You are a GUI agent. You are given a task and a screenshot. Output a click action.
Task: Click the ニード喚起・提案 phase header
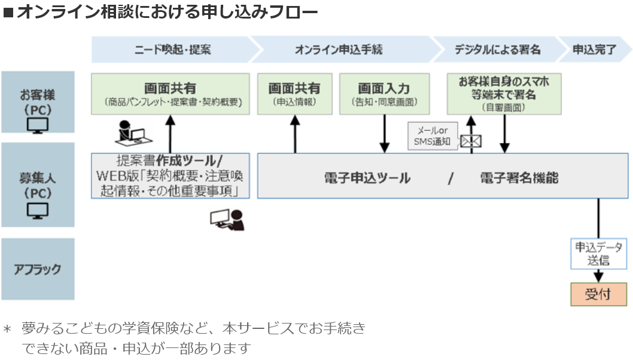(x=172, y=50)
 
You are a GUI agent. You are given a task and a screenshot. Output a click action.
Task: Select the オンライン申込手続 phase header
(x=339, y=50)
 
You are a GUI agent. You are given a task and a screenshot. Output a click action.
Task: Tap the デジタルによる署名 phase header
(x=497, y=50)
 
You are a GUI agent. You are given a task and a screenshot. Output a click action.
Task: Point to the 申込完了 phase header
(x=594, y=50)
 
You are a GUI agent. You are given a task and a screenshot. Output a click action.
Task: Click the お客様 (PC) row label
(x=38, y=102)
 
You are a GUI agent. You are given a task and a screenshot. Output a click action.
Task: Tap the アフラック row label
(x=38, y=269)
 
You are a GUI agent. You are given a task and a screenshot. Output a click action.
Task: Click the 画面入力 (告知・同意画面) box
(x=384, y=94)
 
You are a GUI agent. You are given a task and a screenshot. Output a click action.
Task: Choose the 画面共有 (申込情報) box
(x=294, y=94)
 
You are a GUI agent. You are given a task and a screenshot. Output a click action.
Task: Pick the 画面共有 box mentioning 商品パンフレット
(x=171, y=94)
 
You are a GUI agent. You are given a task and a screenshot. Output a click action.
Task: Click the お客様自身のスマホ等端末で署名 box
(x=504, y=94)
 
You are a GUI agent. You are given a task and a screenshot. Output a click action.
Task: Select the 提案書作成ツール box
(x=171, y=176)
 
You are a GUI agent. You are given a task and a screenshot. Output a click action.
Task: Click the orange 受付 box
(x=598, y=295)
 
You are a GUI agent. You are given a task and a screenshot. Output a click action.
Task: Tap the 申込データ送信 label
(x=598, y=254)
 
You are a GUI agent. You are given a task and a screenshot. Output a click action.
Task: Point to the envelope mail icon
(x=471, y=141)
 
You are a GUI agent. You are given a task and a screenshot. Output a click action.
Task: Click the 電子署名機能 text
(x=519, y=178)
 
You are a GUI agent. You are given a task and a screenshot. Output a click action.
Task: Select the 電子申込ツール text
(x=367, y=178)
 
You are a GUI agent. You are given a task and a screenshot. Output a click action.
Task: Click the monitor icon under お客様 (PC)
(x=38, y=125)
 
